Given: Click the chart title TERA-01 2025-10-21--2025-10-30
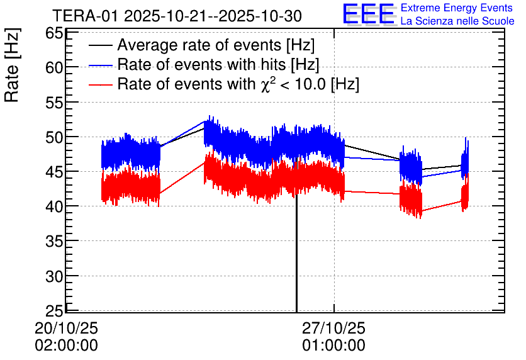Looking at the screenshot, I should [x=177, y=15].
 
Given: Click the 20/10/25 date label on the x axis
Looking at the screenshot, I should [x=66, y=329].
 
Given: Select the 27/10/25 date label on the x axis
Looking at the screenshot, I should [x=333, y=329].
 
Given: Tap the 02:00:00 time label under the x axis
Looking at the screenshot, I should [x=66, y=346].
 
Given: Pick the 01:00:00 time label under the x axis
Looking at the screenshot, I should [x=333, y=346].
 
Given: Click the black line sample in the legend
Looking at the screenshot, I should [x=101, y=46].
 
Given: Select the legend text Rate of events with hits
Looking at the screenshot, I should [x=218, y=65].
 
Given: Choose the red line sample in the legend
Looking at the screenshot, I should [x=101, y=84].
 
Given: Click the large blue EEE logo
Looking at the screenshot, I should [x=369, y=14].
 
